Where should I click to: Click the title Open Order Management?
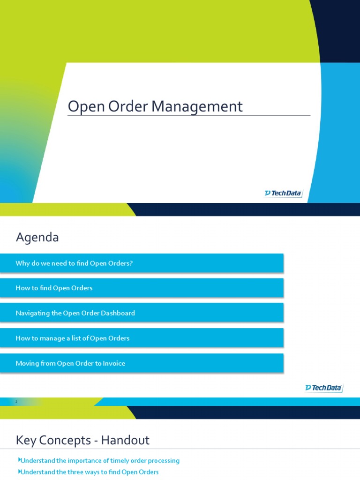155,106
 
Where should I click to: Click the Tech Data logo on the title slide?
283,193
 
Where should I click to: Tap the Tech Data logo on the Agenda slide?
324,388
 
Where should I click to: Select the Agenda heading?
37,238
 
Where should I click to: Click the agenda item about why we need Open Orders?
74,263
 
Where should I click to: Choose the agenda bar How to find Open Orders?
54,288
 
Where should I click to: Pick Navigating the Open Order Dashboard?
75,313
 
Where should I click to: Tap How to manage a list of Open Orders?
72,338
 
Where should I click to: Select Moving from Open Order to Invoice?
70,363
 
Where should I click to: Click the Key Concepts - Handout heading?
82,440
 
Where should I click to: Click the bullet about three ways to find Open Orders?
90,472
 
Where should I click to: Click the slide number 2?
16,402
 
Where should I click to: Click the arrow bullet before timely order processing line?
19,460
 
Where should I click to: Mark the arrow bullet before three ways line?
19,472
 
